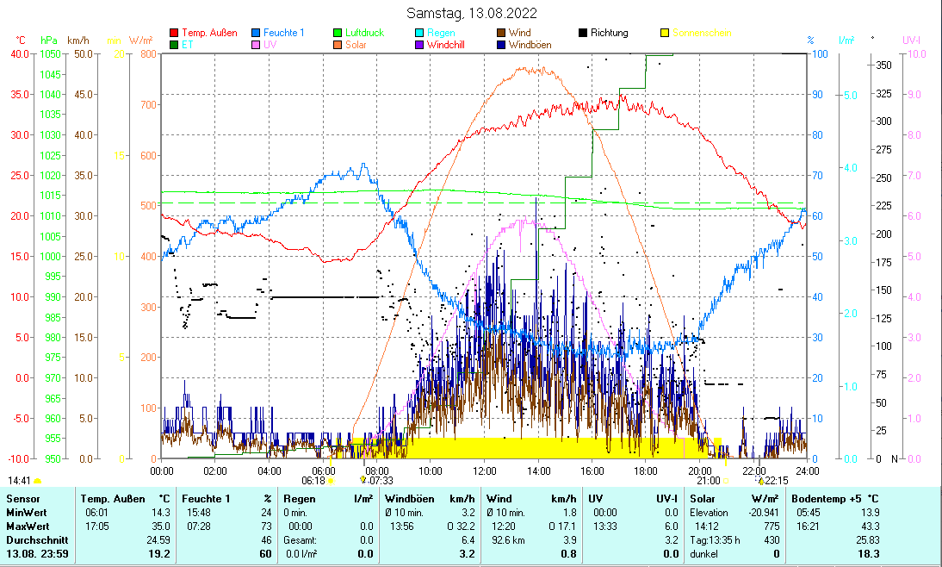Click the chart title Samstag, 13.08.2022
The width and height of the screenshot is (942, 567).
[472, 13]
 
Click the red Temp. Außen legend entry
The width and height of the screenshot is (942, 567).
[209, 33]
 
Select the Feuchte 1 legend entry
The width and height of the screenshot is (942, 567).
[283, 33]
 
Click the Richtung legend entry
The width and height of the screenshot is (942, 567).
[609, 33]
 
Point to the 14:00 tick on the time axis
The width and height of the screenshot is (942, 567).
[538, 470]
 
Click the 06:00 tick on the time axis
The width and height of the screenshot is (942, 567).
[323, 470]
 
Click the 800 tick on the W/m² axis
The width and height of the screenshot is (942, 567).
[148, 53]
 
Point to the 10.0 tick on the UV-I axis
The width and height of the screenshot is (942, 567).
[917, 53]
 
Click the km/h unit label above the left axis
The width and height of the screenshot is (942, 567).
[78, 40]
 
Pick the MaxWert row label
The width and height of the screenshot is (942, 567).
[27, 526]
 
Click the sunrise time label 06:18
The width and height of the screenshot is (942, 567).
[313, 480]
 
